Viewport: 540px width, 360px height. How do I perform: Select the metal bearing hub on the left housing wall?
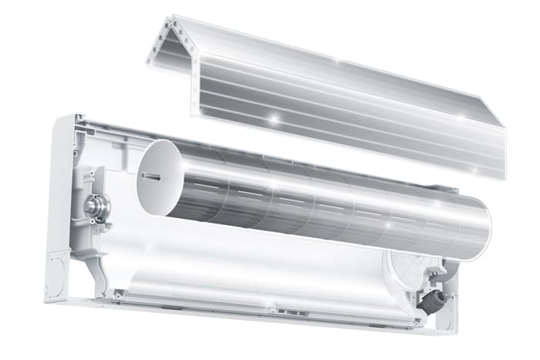point(95,206)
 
